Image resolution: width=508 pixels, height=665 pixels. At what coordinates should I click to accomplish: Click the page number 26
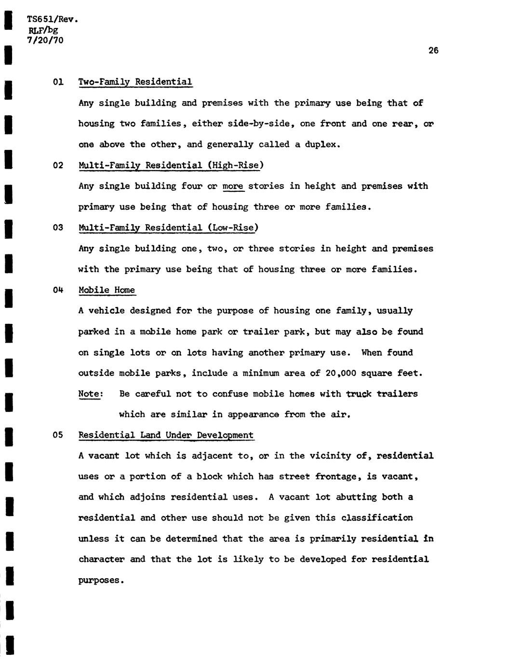433,51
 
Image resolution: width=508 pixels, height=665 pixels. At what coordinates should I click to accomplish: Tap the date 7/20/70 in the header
45,40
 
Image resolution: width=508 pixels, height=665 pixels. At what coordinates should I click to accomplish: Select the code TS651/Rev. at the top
52,20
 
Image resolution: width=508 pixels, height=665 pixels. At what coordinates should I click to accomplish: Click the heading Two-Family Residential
135,82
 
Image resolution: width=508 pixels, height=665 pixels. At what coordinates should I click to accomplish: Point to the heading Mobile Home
107,290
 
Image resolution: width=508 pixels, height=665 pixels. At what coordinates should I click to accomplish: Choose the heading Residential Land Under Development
166,435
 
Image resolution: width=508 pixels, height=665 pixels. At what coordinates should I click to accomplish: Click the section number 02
58,166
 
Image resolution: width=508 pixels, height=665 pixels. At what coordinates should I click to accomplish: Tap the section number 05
58,435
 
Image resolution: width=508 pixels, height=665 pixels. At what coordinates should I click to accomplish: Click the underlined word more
233,186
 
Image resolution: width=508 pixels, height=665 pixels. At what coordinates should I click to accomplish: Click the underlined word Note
90,394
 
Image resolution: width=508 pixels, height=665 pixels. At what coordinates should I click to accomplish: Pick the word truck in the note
359,394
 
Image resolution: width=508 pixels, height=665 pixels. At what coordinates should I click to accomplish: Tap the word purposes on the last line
101,580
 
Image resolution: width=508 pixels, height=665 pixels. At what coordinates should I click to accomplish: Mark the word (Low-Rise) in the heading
233,227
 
